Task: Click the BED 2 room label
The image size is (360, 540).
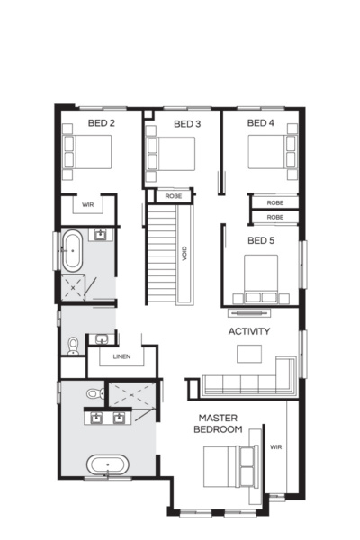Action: (x=101, y=122)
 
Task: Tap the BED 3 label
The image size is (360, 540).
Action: (x=186, y=123)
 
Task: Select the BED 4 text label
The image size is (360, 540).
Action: (x=260, y=122)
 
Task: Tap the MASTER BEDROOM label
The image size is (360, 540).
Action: (x=220, y=424)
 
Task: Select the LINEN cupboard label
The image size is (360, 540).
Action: (x=121, y=357)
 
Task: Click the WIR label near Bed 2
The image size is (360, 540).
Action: (x=87, y=205)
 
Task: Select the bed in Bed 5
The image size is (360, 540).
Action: (x=261, y=277)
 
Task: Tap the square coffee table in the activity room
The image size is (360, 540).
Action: (x=248, y=354)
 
